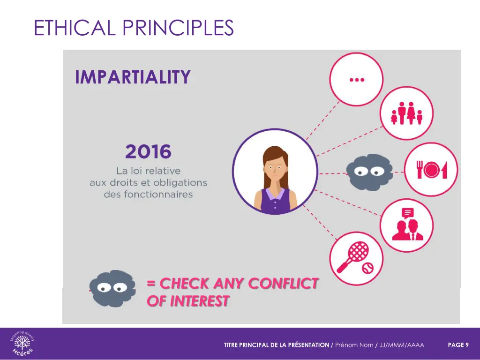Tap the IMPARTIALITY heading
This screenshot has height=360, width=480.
tap(133, 76)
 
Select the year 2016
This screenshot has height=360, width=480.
tap(148, 152)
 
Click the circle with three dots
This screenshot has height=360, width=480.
tap(356, 79)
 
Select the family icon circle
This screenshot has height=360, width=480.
tap(406, 113)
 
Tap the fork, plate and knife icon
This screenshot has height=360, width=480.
tap(431, 169)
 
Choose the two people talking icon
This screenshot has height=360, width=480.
tap(406, 225)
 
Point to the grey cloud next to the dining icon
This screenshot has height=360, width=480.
tap(369, 170)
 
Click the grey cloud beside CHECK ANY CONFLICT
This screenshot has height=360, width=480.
tap(112, 288)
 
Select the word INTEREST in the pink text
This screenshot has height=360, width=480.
tap(200, 301)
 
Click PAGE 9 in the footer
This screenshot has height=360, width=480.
tap(458, 345)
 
